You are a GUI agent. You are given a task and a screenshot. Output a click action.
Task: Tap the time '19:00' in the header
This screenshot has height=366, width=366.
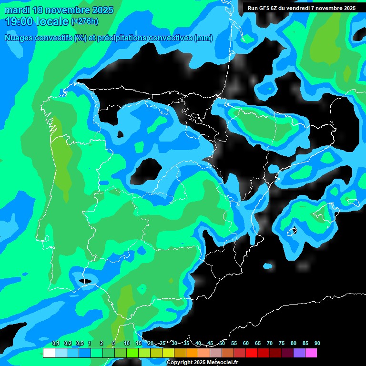(x=19, y=21)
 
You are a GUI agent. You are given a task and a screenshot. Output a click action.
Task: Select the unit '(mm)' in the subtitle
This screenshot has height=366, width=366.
(x=203, y=38)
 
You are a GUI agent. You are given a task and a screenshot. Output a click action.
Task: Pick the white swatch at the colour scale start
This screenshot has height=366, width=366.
(x=49, y=353)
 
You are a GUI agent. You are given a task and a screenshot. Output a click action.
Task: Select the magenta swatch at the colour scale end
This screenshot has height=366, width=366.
(x=311, y=353)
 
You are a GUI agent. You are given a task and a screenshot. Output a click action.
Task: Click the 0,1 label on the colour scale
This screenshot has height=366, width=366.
(x=56, y=343)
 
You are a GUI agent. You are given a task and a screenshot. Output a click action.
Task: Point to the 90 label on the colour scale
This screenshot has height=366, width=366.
(x=317, y=343)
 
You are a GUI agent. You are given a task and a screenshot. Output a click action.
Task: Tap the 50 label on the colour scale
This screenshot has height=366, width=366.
(x=222, y=343)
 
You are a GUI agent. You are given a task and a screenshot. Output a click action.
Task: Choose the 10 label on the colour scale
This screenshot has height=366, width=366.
(x=127, y=343)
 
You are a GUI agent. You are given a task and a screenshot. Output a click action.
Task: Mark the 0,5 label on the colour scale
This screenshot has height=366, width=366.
(x=80, y=343)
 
